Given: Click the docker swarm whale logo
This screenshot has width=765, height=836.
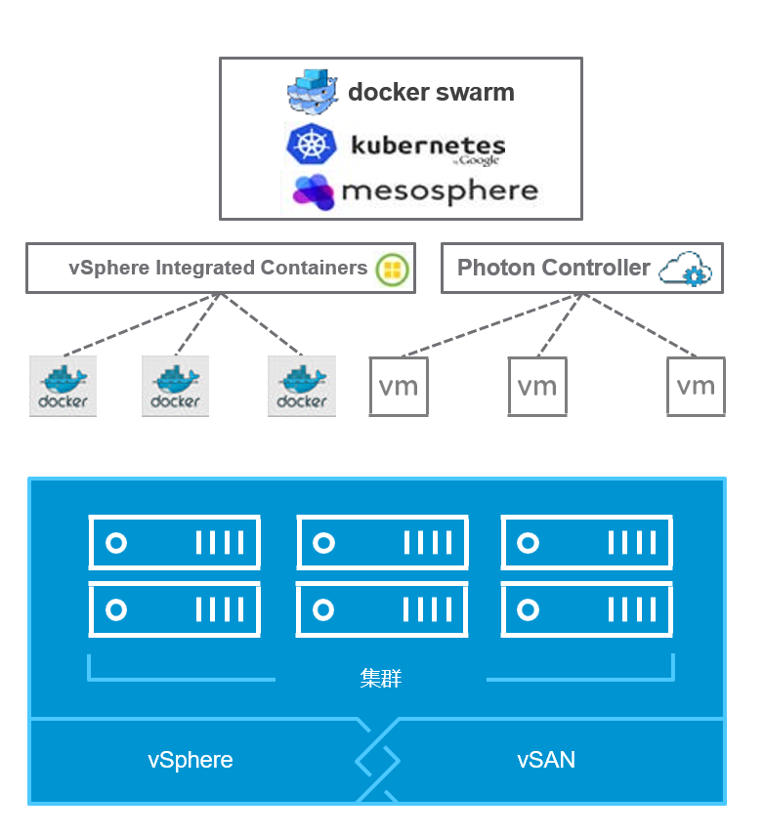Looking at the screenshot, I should pos(313,93).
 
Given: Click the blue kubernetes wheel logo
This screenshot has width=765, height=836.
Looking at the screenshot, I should pos(311,146).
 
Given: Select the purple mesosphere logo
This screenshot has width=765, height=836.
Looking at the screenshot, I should pos(314,191).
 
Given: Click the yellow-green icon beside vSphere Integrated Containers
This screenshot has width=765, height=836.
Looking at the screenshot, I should pos(393,269).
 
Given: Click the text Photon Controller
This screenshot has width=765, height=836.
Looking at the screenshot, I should pos(553,268).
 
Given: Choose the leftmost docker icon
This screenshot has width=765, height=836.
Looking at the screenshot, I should pos(64,387).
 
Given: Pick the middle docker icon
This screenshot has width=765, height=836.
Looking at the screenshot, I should pos(175,387).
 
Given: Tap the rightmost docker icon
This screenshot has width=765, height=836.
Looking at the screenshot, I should pos(302,387).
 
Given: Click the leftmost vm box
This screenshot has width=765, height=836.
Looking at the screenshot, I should pos(399,387).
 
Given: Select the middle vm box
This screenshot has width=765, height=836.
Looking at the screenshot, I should pos(537,387).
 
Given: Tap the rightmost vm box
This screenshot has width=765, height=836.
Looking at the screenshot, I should pos(696,387).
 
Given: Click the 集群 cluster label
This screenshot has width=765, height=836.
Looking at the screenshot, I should pos(381,678).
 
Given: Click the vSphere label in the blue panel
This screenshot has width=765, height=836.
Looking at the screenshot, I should pos(191,760).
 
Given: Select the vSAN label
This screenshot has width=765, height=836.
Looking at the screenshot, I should pos(546,760).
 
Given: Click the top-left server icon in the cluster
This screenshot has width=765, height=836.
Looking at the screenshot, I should pos(175,543).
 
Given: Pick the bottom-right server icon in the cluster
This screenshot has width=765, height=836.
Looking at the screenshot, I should pos(587,610).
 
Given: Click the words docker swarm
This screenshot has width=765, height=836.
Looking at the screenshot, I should pos(431,93).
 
